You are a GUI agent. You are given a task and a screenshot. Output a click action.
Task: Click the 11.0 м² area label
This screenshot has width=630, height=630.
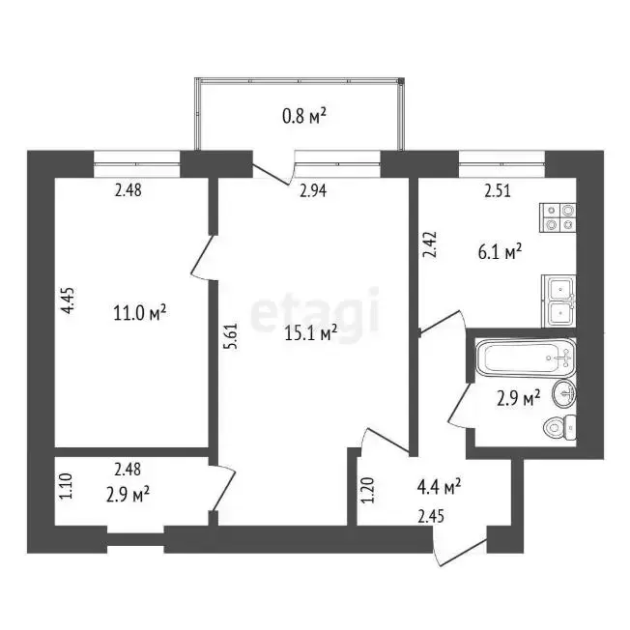click(x=140, y=313)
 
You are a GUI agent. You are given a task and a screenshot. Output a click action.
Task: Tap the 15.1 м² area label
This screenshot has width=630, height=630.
click(x=310, y=332)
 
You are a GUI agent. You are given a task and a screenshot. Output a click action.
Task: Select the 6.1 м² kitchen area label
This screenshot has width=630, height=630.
click(x=500, y=252)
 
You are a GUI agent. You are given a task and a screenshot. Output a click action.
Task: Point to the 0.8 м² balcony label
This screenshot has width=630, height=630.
click(x=304, y=116)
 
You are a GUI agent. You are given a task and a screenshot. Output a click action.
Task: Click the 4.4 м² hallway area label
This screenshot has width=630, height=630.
click(x=439, y=487)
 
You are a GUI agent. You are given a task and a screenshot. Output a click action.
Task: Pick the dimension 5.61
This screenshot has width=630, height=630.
click(x=233, y=336)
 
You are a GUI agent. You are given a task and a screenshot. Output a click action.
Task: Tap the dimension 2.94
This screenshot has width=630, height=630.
click(x=313, y=190)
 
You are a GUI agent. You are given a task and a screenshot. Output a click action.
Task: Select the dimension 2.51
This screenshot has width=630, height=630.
click(x=498, y=190)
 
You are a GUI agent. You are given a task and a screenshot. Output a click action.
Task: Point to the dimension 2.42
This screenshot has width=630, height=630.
click(x=430, y=244)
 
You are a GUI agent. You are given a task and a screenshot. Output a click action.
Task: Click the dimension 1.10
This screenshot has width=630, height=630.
click(x=65, y=486)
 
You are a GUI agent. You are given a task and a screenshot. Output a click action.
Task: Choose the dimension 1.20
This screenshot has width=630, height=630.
click(x=367, y=490)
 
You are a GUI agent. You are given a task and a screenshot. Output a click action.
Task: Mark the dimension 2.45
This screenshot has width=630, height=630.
click(x=431, y=516)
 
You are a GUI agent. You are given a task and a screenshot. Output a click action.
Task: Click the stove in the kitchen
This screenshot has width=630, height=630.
click(x=558, y=217)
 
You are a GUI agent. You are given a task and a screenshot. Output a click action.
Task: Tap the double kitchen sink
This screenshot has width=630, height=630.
click(x=559, y=301)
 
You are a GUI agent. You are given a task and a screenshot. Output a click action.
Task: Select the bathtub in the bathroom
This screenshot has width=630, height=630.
click(x=526, y=358)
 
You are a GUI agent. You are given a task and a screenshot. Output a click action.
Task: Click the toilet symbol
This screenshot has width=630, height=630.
click(x=559, y=427)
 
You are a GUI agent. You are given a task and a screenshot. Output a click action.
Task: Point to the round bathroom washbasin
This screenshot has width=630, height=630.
click(x=564, y=394)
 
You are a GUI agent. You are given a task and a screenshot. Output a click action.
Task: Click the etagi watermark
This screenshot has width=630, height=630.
click(x=315, y=313)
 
